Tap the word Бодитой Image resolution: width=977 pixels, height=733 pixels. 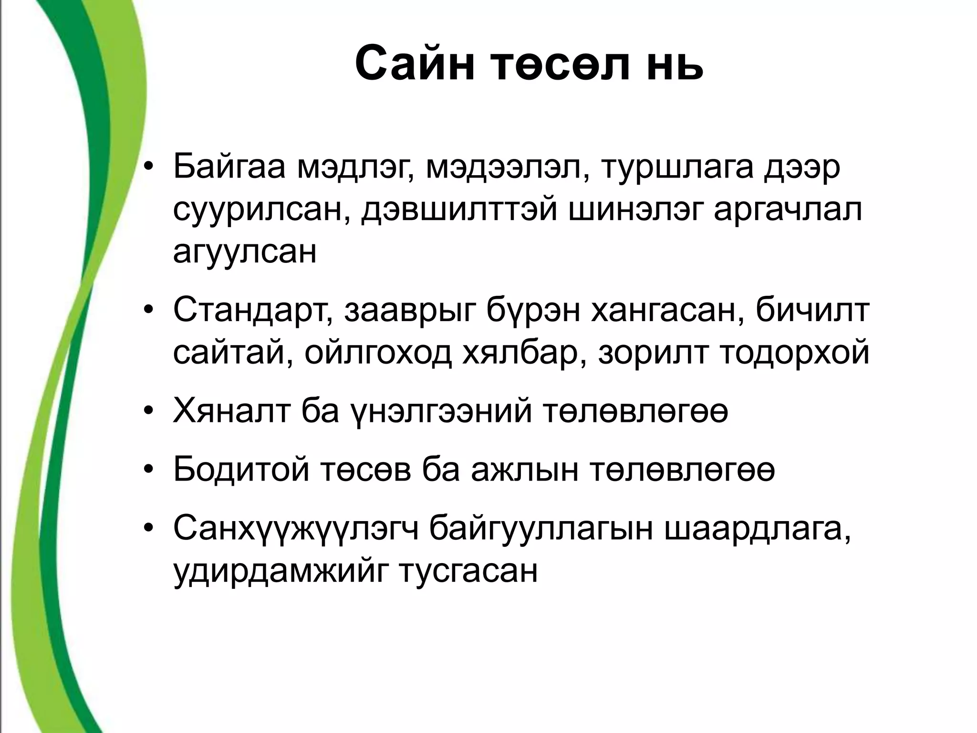click(x=241, y=470)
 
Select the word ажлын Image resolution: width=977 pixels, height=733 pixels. click(x=524, y=470)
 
